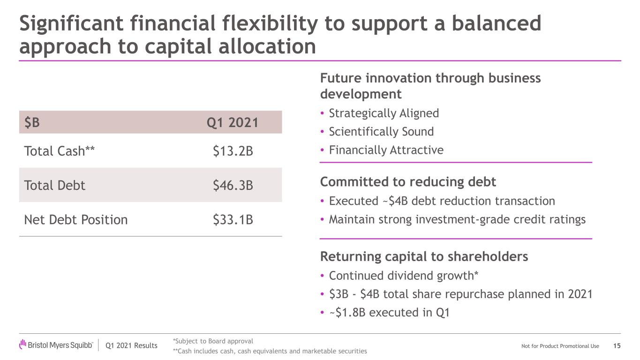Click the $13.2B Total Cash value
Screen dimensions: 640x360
(233, 151)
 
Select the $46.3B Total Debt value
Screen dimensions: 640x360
(233, 185)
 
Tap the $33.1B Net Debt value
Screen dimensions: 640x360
(233, 219)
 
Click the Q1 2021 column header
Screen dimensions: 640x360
(233, 122)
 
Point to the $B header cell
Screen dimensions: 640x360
(32, 122)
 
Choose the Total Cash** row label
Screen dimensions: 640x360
(59, 150)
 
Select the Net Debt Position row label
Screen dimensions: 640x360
(75, 219)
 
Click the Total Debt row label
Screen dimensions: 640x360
(54, 185)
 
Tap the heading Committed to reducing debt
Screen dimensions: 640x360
(408, 182)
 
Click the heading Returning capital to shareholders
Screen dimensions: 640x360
(424, 256)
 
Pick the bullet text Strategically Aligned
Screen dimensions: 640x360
(384, 113)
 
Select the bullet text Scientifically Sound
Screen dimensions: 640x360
(381, 131)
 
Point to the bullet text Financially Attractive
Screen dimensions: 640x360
(386, 150)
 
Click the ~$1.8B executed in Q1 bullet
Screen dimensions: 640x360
(389, 312)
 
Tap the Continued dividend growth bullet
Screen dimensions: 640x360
(403, 276)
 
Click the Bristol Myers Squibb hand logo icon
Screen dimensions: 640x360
(23, 344)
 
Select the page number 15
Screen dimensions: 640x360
(617, 346)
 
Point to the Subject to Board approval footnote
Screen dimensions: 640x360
(213, 341)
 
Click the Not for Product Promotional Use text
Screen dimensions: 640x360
(560, 346)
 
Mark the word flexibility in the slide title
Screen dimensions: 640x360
(270, 24)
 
